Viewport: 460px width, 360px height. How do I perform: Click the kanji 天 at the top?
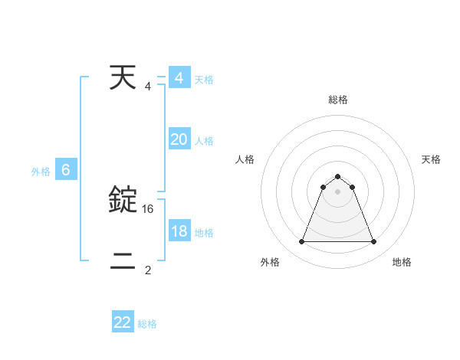point(123,78)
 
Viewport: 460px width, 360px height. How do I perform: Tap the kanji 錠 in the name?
point(123,200)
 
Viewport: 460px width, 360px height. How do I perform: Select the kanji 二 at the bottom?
point(123,262)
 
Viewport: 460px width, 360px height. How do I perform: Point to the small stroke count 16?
point(148,208)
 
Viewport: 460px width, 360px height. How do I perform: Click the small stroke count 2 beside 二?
point(148,270)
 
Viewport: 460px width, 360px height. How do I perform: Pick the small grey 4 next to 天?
point(148,86)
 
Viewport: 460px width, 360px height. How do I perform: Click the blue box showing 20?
point(179,139)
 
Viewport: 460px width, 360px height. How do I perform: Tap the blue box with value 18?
point(179,231)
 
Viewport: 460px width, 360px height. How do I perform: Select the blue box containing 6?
point(66,170)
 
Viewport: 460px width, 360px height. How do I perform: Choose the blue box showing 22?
point(123,322)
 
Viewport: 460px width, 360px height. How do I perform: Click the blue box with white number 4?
point(179,78)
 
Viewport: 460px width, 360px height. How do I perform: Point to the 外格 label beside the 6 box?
point(41,172)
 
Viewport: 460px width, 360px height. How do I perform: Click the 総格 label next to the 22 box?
point(147,324)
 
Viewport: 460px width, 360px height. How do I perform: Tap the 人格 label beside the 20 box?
point(204,141)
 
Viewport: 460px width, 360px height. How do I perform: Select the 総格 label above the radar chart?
point(337,100)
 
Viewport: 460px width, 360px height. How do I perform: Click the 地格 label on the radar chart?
point(402,262)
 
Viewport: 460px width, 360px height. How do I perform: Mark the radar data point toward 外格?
point(301,242)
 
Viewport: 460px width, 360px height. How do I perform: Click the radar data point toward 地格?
point(373,242)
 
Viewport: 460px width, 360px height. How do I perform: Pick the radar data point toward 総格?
point(337,177)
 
